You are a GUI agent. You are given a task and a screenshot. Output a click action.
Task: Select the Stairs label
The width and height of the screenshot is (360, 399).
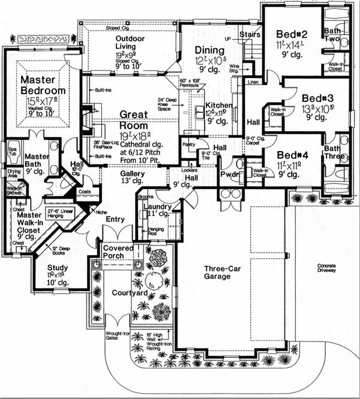point(249,35)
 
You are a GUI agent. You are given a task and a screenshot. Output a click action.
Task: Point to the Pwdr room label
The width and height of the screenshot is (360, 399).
point(228,176)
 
